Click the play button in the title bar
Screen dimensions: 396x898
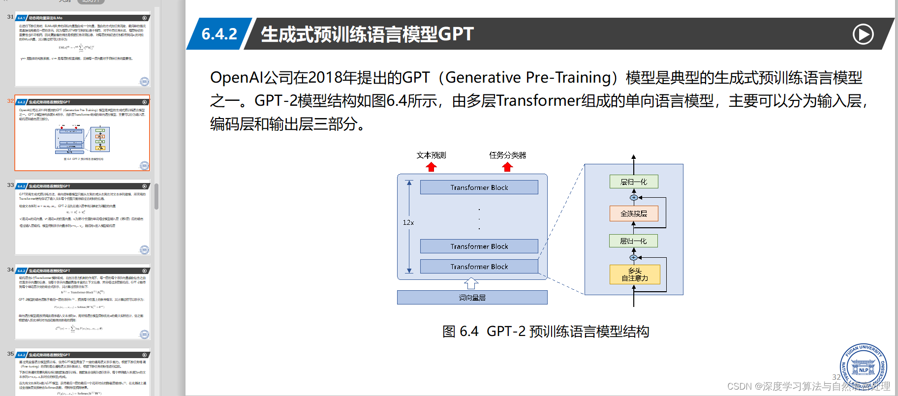[863, 34]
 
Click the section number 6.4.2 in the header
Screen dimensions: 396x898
[219, 34]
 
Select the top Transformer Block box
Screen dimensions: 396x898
[479, 187]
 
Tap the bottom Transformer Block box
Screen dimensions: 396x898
[479, 267]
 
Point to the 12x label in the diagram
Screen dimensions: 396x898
[408, 222]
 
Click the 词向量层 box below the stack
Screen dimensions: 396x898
[472, 298]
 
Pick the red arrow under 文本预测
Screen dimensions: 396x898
[432, 167]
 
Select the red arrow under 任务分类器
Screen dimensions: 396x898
[507, 167]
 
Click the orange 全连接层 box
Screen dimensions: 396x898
[634, 213]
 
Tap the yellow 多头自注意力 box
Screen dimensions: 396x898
[634, 274]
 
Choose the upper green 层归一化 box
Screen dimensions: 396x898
[634, 182]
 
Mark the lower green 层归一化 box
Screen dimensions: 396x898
[633, 241]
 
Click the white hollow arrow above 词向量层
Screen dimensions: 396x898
[471, 283]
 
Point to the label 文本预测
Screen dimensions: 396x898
[431, 155]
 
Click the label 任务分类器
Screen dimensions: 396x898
[507, 155]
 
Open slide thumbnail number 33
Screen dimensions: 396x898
[82, 217]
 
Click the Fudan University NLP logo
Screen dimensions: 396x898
[864, 367]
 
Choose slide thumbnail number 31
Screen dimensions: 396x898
[82, 49]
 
